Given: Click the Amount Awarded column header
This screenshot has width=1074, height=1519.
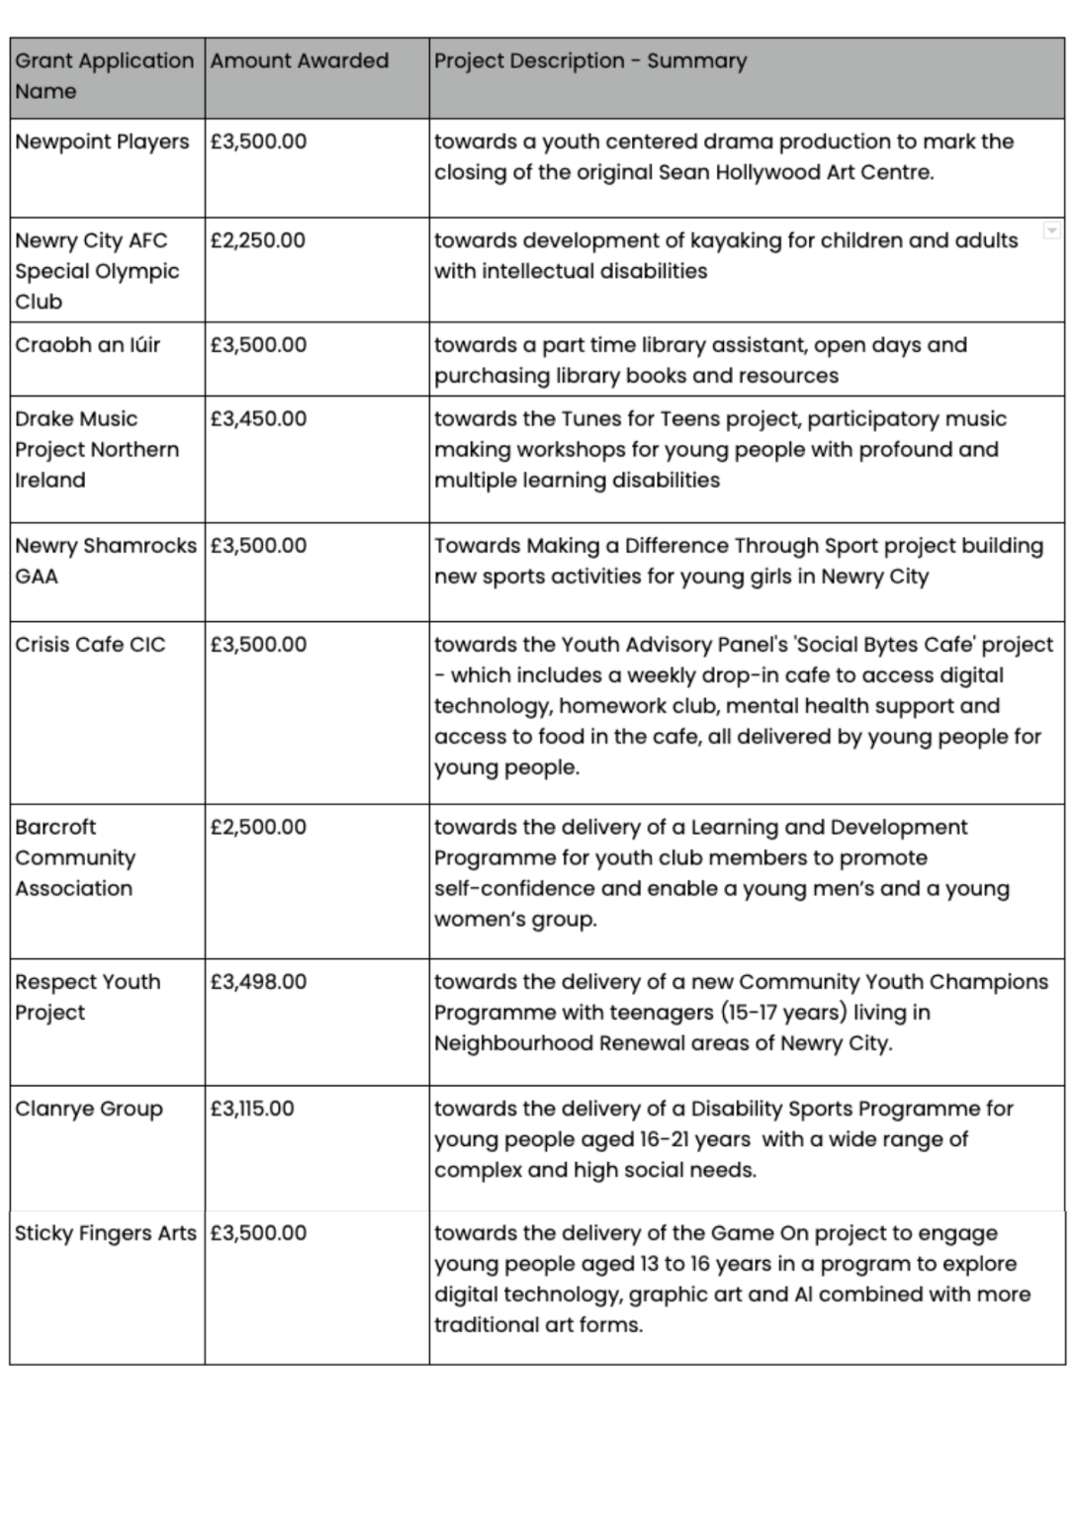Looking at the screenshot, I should tap(299, 61).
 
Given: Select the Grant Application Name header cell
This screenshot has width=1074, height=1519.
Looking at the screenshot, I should tap(104, 76).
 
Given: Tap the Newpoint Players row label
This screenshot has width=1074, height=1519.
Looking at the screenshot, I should tap(102, 141).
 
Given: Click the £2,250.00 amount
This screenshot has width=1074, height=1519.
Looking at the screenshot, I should tap(258, 240).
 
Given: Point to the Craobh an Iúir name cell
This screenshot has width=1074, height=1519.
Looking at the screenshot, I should tap(87, 345).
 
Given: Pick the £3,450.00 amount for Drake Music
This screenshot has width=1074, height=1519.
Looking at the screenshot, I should tap(258, 418).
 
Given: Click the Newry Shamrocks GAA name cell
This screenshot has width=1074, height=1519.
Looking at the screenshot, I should tap(105, 560).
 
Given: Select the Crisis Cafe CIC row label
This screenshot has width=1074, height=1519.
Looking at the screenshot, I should tap(90, 645).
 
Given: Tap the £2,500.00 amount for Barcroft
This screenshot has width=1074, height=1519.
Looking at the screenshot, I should tap(258, 827).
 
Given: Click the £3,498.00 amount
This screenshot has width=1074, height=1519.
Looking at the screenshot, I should tap(258, 982).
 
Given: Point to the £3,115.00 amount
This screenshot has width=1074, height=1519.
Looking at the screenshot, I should tap(252, 1109).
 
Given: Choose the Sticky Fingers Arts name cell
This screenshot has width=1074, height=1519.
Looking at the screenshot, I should tap(105, 1233).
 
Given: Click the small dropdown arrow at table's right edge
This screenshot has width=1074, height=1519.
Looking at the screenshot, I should tap(1052, 230).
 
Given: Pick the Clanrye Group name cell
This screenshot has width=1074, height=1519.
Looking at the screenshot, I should tap(89, 1109).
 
